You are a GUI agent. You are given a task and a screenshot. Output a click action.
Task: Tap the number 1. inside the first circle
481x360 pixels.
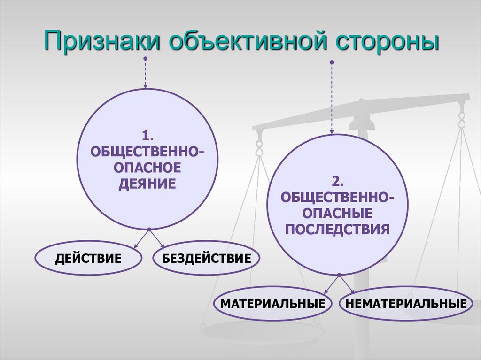(x=147, y=137)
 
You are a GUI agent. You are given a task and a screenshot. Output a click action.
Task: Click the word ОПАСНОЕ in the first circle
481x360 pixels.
(x=147, y=168)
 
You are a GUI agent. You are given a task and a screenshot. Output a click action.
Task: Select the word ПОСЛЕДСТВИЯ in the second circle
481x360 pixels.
(x=338, y=229)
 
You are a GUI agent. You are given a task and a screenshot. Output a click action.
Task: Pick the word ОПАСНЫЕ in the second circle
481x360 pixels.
(x=338, y=214)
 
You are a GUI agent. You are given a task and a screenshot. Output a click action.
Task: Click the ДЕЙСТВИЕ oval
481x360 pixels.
(x=88, y=258)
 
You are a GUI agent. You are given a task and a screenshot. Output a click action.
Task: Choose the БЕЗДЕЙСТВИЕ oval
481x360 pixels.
(x=206, y=258)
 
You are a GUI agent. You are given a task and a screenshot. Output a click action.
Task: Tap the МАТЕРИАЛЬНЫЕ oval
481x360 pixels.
(x=273, y=303)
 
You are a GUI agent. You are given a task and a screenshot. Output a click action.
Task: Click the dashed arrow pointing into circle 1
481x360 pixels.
(x=145, y=74)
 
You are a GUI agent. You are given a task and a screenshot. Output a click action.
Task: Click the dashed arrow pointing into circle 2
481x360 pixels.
(x=332, y=99)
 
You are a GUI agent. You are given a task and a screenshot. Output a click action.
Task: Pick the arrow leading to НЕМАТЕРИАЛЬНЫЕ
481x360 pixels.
(x=347, y=284)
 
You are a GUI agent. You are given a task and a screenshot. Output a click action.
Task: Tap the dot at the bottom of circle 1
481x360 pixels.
(x=149, y=230)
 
